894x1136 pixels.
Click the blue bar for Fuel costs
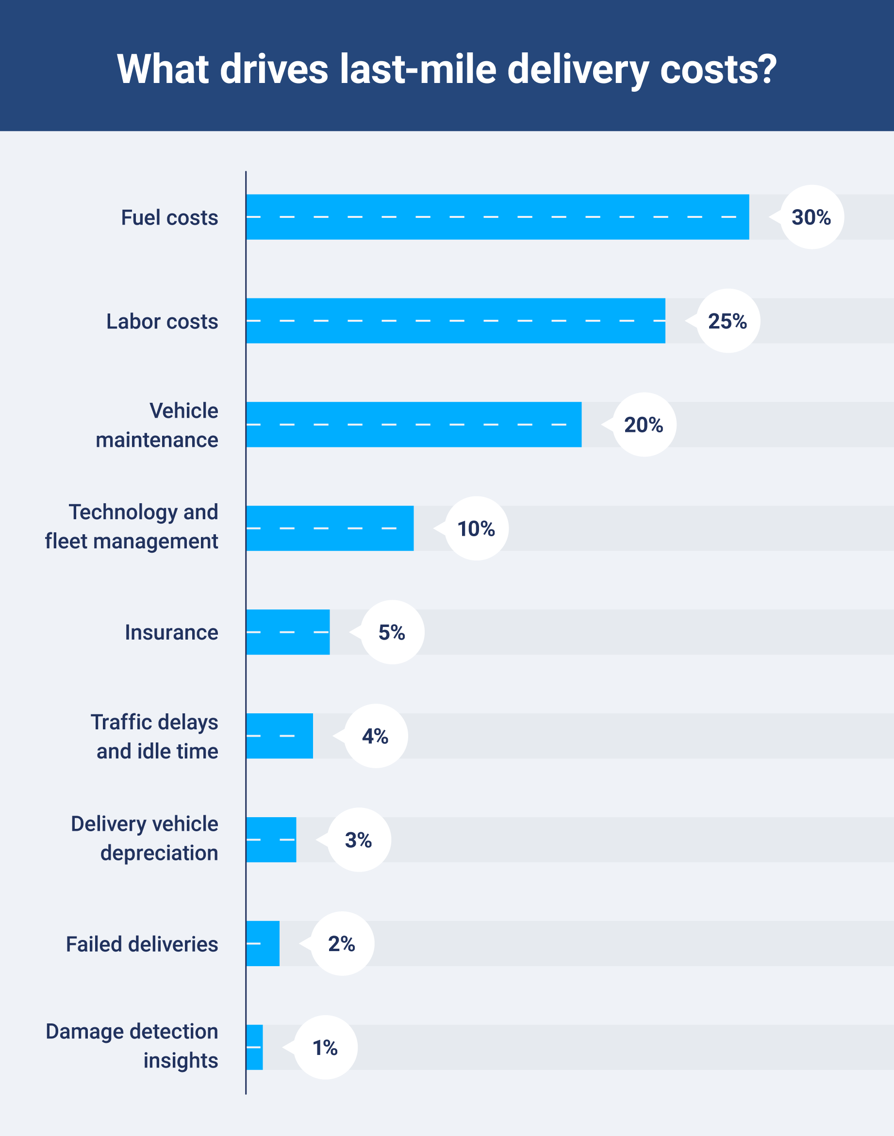click(x=497, y=216)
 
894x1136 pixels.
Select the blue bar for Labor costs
click(x=455, y=320)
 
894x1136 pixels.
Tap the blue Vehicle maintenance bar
click(x=414, y=425)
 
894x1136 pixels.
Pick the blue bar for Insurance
click(x=288, y=632)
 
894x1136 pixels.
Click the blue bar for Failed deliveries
click(x=263, y=943)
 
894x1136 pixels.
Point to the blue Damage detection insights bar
click(x=254, y=1047)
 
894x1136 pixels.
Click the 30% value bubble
click(x=811, y=216)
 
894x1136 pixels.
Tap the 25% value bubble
click(x=728, y=321)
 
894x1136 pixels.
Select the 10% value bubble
click(x=476, y=528)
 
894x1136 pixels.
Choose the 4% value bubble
click(x=375, y=736)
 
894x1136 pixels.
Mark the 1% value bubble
click(x=325, y=1047)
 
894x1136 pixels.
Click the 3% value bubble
click(x=359, y=840)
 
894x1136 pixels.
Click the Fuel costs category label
click(x=169, y=217)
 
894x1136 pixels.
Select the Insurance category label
click(x=171, y=632)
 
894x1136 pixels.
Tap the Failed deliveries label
click(x=142, y=944)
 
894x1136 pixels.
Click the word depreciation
click(x=159, y=853)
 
